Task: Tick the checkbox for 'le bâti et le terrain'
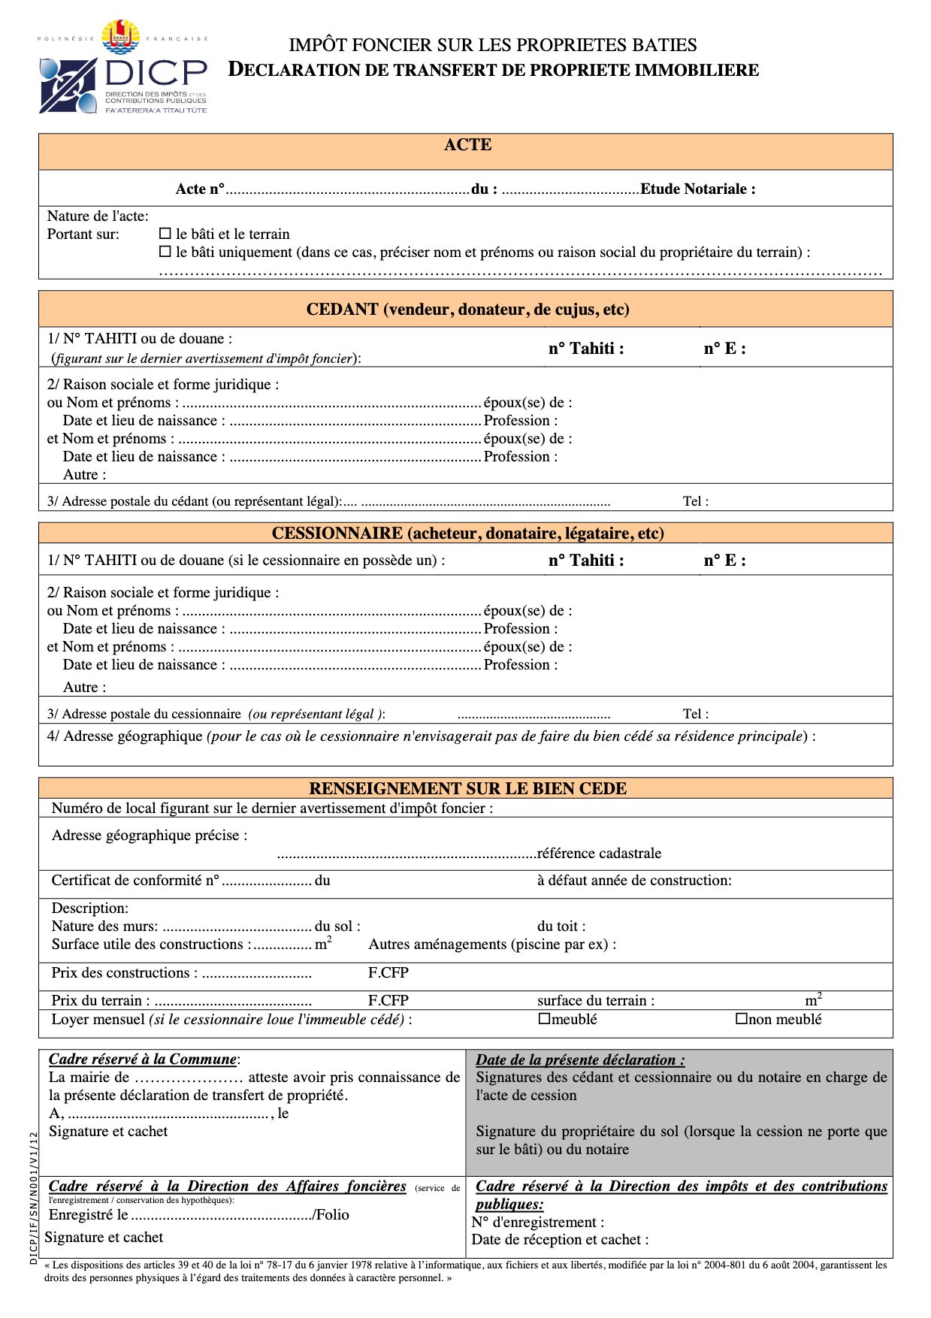coord(165,234)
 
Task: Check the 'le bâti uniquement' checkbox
coord(165,252)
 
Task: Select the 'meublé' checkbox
coord(545,1020)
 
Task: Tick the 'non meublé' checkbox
coord(742,1020)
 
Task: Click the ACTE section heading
coord(467,145)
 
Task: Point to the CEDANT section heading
coord(467,310)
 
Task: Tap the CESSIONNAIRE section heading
coord(467,534)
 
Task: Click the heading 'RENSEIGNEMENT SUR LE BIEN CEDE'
coord(467,789)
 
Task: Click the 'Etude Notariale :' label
coord(697,189)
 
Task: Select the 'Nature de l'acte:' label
coord(98,216)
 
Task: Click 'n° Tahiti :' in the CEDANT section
coord(586,349)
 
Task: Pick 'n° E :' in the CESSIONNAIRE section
coord(724,561)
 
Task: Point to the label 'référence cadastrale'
coord(599,854)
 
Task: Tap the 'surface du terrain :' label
coord(596,1001)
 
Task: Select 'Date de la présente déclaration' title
coord(580,1060)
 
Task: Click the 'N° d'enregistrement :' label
coord(538,1223)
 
